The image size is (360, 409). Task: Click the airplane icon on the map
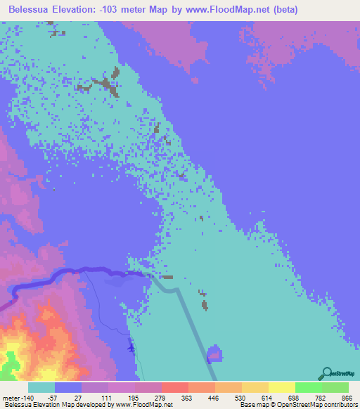(131, 346)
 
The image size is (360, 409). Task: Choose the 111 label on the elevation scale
(105, 398)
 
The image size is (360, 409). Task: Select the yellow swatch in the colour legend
(281, 387)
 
